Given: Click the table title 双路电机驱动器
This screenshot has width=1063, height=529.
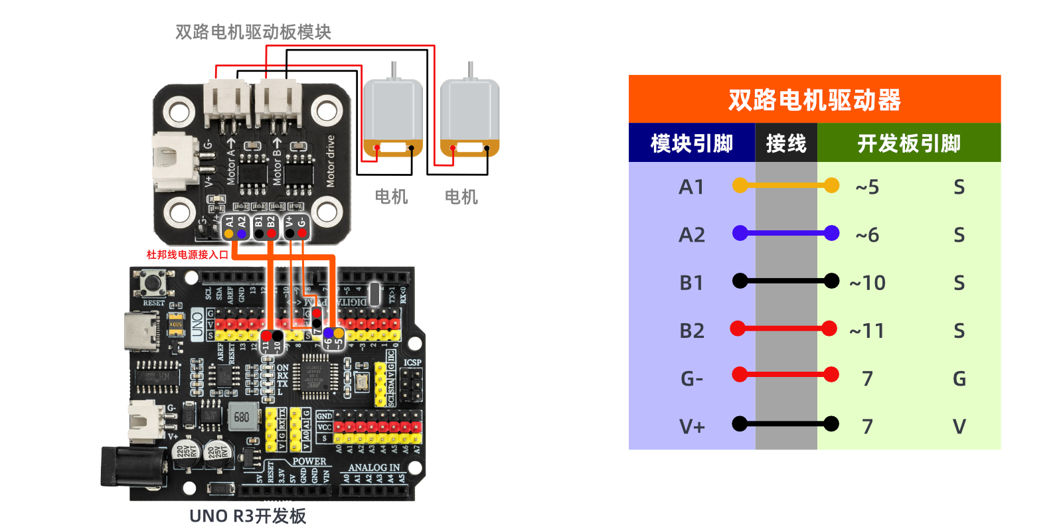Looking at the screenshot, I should coord(814,100).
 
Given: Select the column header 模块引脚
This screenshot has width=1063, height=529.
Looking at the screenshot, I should coord(691,143).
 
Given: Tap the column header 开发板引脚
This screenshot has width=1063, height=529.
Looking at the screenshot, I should coord(908,143).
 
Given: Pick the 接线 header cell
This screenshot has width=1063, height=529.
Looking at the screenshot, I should coord(786,143).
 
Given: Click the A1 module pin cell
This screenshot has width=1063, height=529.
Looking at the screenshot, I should coord(691,187).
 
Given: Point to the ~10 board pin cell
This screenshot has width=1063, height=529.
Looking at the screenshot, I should coord(867,283).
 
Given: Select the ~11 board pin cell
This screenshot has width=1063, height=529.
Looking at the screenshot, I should coord(867,331).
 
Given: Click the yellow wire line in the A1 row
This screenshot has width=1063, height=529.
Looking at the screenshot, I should coord(785,186).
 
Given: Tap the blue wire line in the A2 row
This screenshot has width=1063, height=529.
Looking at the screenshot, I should coord(785,233).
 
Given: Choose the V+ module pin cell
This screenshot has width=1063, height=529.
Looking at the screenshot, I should coord(691,426).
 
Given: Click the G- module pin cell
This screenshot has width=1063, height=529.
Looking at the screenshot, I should coord(691,379).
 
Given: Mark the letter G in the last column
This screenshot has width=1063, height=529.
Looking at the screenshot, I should coord(959,379).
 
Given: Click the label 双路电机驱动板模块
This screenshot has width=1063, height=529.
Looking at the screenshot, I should coord(253,32).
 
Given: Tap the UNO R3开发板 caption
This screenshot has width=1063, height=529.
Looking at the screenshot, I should coord(248,516).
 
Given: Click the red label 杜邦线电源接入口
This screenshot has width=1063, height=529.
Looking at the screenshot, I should coord(187,254).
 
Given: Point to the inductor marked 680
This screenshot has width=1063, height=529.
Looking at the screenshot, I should coord(242,417).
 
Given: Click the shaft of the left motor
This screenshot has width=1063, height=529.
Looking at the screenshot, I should coord(394,70).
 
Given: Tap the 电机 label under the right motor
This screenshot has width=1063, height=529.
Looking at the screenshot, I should coord(461,196).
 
